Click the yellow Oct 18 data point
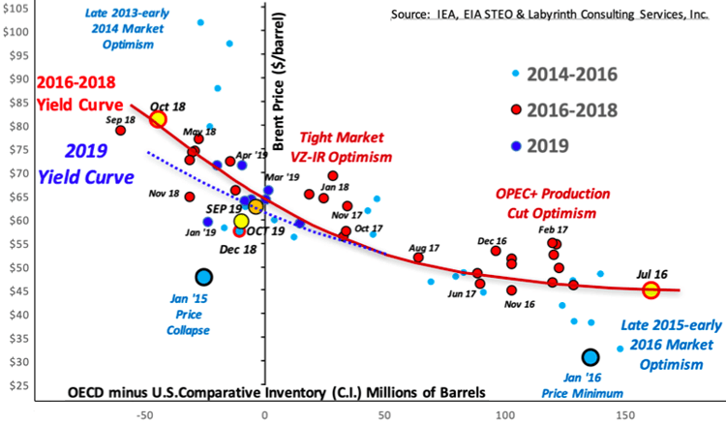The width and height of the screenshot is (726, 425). tap(158, 119)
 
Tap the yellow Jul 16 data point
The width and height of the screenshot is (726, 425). tap(650, 289)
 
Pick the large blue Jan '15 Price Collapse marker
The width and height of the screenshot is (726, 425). tap(203, 277)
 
